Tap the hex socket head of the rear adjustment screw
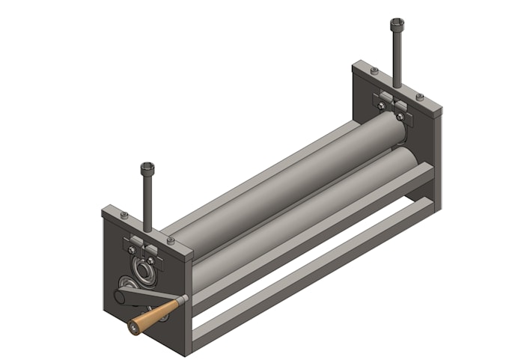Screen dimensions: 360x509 [x=395, y=23]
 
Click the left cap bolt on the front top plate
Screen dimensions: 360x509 [x=124, y=216]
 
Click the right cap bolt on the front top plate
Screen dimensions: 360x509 [x=171, y=240]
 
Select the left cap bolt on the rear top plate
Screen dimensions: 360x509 [x=374, y=70]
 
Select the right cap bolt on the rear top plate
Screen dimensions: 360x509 [x=420, y=97]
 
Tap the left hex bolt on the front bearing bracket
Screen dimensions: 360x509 [x=132, y=249]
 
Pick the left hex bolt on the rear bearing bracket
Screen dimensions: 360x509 [x=381, y=106]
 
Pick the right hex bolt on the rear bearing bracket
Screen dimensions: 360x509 [x=401, y=116]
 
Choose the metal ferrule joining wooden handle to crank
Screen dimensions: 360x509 [x=177, y=303]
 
